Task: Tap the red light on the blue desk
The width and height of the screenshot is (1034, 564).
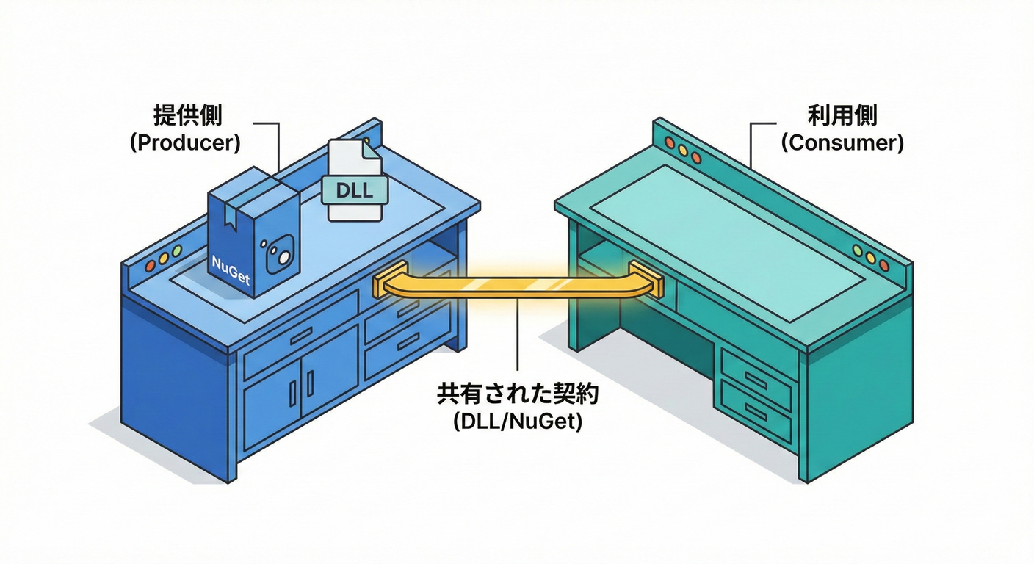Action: [150, 263]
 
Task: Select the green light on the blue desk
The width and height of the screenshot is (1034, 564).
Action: [176, 251]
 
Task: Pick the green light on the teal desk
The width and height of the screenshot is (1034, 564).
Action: [857, 250]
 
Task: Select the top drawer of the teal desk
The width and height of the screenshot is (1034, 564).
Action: [756, 377]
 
